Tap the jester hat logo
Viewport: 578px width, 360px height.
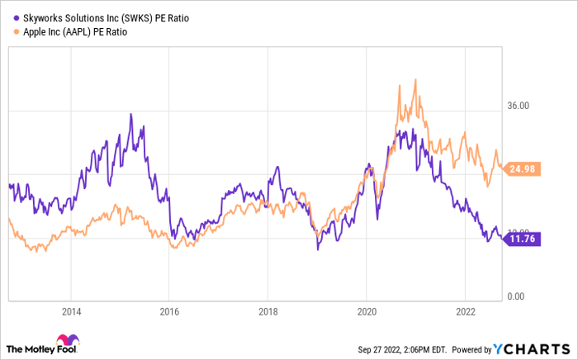(65, 343)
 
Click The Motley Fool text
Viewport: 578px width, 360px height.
(31, 347)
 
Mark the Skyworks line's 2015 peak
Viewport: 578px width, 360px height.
(130, 114)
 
